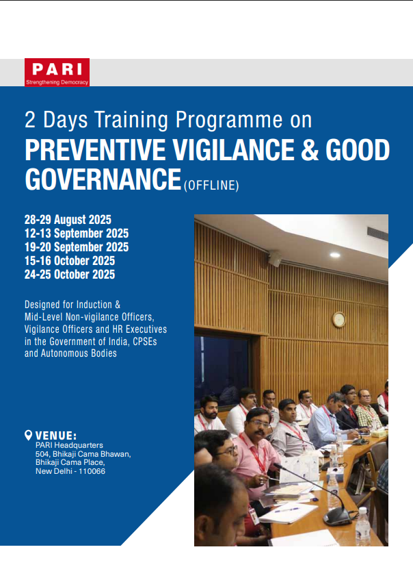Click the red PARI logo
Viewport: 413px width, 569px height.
(x=57, y=72)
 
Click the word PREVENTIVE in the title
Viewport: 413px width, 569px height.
(x=95, y=150)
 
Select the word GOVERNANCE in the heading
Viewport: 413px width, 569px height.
(x=103, y=179)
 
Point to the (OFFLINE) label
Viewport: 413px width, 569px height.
(x=211, y=186)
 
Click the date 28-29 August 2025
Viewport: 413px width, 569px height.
(x=68, y=220)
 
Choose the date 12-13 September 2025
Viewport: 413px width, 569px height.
(x=77, y=233)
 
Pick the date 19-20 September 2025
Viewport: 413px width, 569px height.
(x=77, y=247)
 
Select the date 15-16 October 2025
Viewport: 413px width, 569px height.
(x=70, y=261)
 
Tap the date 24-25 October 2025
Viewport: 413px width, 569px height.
(x=70, y=275)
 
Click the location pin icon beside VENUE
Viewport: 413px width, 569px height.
(x=28, y=435)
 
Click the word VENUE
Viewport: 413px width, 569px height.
(x=56, y=435)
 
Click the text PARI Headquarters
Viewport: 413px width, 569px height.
(x=69, y=445)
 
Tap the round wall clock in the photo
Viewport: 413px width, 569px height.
(x=338, y=320)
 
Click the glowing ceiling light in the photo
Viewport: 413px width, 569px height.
(x=335, y=255)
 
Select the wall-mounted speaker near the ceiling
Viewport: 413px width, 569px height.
(x=275, y=259)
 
